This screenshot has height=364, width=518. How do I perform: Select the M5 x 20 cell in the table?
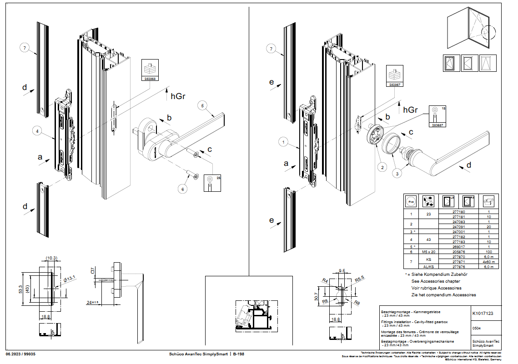click(x=428, y=251)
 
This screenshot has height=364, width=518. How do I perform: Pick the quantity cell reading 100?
click(x=488, y=251)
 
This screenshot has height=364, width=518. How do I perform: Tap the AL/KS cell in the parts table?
click(x=428, y=267)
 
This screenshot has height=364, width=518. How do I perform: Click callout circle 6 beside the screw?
click(x=182, y=189)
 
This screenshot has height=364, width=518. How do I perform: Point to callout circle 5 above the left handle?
click(x=202, y=105)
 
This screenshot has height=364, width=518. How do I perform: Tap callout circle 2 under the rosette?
click(x=383, y=167)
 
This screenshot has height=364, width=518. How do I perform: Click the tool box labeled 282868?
click(x=150, y=70)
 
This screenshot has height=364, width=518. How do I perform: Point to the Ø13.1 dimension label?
click(x=70, y=279)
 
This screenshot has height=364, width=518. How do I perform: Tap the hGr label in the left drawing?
click(x=179, y=96)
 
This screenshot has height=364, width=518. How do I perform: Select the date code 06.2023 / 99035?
click(x=21, y=354)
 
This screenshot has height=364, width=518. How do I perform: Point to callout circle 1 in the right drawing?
click(x=283, y=142)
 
